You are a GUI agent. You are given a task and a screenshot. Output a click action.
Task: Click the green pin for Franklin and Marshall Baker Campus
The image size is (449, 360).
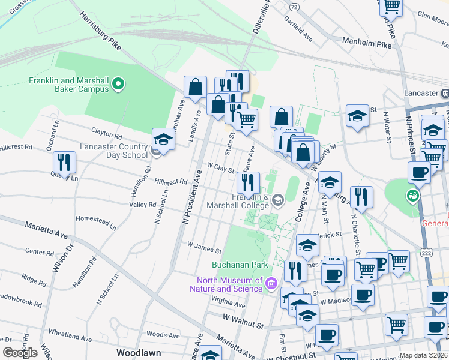(x=118, y=83)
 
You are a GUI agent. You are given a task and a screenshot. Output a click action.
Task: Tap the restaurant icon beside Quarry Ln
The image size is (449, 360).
(x=64, y=163)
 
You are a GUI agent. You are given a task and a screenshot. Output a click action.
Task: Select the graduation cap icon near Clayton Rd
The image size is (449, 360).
(x=163, y=140)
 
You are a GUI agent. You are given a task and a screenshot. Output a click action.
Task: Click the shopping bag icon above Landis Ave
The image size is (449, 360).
(x=196, y=88)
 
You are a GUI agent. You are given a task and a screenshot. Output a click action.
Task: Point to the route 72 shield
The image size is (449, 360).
(x=294, y=7)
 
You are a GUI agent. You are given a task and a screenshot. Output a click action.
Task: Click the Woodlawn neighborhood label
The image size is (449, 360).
(x=139, y=353)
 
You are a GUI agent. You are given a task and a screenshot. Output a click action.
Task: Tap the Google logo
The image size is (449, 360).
(x=20, y=353)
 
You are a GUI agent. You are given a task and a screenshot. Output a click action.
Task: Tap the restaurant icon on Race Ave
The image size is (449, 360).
(x=249, y=182)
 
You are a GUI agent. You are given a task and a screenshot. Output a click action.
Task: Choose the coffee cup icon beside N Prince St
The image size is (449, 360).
(x=419, y=172)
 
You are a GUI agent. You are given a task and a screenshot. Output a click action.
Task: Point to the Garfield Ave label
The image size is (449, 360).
(x=299, y=32)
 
